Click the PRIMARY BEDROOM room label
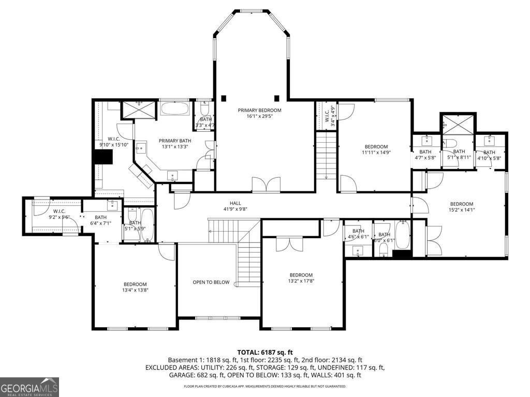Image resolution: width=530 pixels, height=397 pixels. click(259, 110)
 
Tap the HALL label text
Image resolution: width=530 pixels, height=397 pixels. click(235, 203)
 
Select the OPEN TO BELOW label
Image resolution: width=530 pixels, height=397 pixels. click(211, 282)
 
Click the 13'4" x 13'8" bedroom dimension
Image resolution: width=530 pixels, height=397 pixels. click(135, 291)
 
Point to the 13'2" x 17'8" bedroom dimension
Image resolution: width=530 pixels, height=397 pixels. click(301, 281)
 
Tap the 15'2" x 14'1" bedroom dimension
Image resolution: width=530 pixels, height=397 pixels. click(461, 210)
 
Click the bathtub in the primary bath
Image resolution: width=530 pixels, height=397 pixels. click(175, 109)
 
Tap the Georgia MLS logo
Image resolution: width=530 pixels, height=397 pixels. click(30, 387)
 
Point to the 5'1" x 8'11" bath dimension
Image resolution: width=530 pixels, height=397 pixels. click(459, 158)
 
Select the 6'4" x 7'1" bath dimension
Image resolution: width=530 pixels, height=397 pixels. click(100, 224)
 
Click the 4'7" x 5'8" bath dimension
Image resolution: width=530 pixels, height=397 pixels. click(425, 158)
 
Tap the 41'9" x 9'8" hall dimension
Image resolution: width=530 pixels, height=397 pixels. click(235, 210)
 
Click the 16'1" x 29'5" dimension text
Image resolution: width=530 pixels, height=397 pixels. click(259, 117)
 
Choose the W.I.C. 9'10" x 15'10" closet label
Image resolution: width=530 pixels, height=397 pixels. click(114, 142)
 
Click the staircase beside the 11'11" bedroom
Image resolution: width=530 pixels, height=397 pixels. click(326, 155)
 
